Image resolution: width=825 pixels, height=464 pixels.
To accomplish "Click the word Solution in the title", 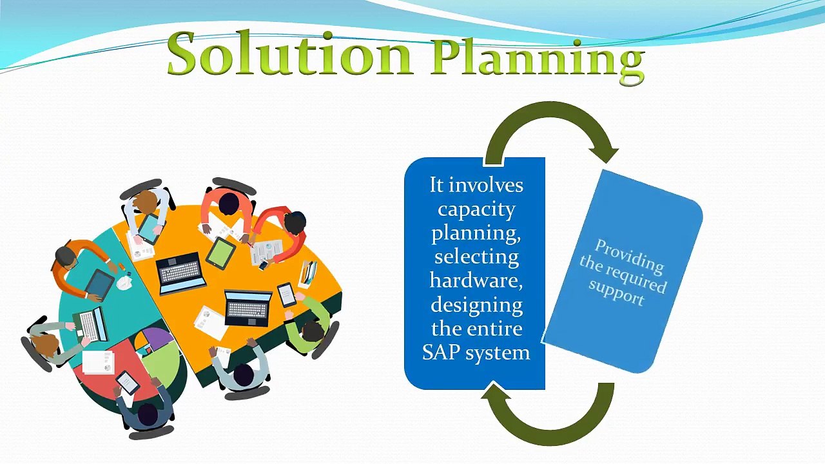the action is [289, 53].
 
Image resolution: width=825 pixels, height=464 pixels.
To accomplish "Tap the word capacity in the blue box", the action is [476, 210].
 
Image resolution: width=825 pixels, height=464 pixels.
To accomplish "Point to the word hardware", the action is [476, 281].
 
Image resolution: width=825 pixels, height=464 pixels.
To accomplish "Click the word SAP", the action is [442, 352].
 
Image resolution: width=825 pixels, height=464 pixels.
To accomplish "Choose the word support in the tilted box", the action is [616, 293].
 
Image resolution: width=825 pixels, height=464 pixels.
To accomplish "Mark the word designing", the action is [476, 305].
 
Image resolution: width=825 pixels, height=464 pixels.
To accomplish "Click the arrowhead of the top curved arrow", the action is [603, 153].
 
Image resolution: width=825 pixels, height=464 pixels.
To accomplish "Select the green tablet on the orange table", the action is [220, 253].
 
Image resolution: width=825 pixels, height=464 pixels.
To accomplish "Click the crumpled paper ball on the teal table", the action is [124, 282].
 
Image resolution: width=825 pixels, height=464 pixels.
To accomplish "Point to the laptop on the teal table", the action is [91, 325].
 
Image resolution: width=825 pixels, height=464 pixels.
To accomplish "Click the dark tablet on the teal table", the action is [99, 284].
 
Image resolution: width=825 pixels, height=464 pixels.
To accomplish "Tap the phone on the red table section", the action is [128, 383].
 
